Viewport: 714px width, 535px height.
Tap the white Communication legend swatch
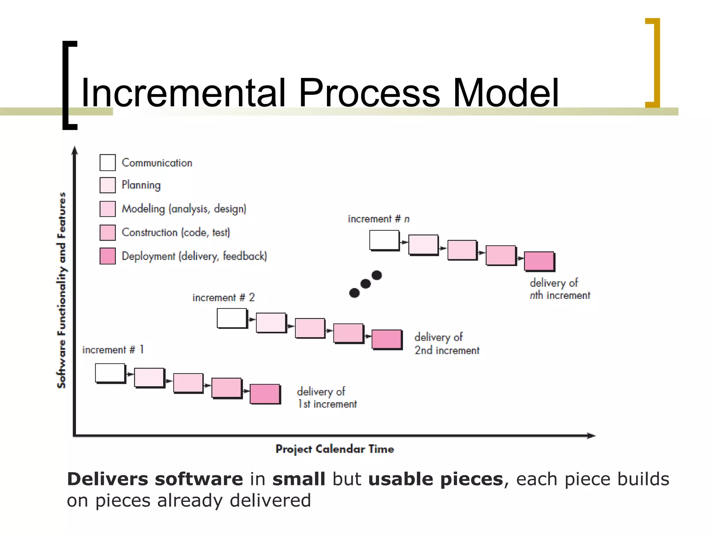coord(107,163)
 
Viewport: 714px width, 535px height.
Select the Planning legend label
coord(141,185)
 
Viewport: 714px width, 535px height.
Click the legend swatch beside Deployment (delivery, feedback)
coord(107,256)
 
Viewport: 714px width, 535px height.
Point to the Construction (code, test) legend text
coord(176,232)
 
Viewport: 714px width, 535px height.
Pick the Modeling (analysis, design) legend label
coord(184,209)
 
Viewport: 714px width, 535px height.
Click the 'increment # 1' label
coord(113,349)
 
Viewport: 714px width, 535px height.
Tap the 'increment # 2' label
coord(223,297)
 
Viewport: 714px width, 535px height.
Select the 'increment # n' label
coord(379,219)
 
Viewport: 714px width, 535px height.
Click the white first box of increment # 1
coord(110,373)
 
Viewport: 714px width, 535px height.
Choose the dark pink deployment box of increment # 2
coord(386,339)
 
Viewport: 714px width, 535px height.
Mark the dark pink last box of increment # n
coord(539,261)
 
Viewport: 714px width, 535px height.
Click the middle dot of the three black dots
coord(365,284)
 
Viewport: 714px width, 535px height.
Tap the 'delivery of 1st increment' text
coord(327,397)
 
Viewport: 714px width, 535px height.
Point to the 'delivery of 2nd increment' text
coord(447,343)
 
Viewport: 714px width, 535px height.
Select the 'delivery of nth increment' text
coord(560,289)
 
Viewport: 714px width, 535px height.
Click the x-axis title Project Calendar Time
coord(335,449)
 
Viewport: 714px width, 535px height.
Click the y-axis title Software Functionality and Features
coord(61,290)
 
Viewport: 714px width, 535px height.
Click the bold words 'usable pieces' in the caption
coord(435,479)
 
